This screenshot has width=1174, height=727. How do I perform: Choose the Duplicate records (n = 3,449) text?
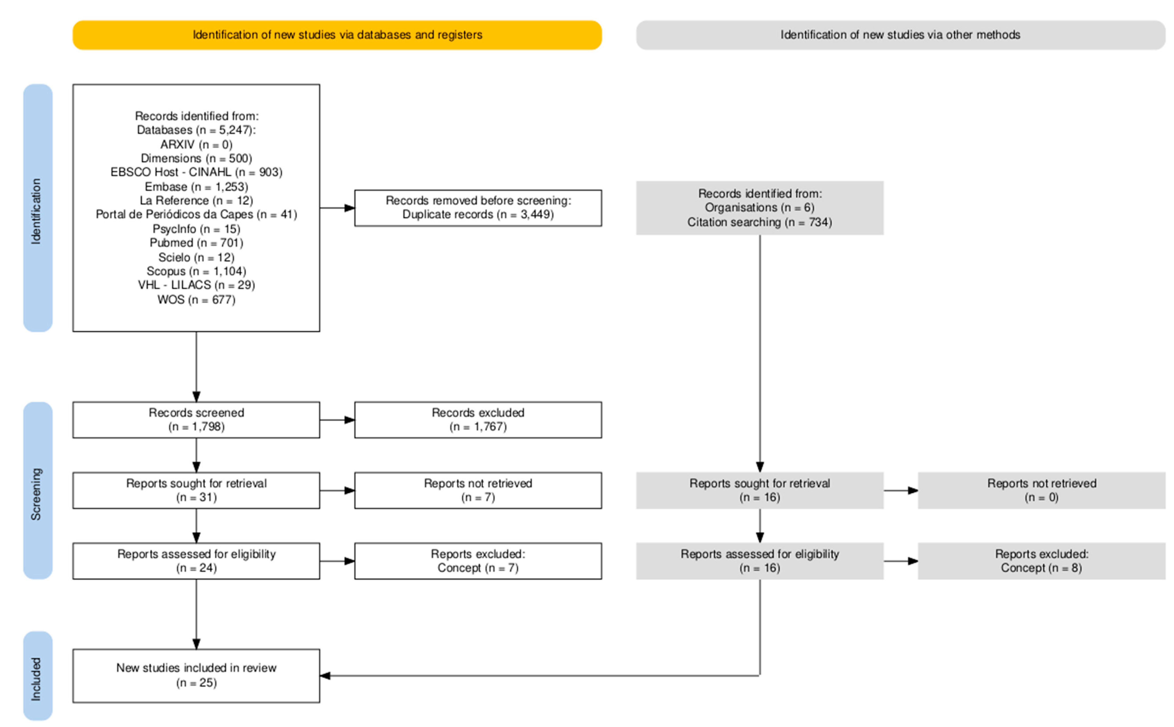pos(478,215)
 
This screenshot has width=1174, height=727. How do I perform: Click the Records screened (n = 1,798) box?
pos(196,420)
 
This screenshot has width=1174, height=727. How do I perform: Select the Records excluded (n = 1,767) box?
pos(478,420)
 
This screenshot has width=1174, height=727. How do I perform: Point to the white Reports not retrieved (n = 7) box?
pos(478,490)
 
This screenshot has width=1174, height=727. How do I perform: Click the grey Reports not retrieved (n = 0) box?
pos(1042,490)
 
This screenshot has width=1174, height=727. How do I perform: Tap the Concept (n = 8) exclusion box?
pos(1042,561)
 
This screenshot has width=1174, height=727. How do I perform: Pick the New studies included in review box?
pos(196,676)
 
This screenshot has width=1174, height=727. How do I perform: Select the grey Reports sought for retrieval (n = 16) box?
pos(760,490)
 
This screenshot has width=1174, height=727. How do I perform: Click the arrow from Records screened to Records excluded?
pos(337,420)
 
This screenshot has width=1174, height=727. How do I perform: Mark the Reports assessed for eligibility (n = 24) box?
pos(196,561)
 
